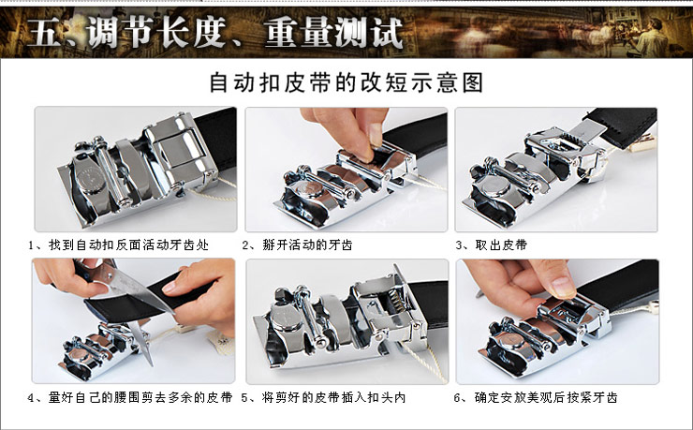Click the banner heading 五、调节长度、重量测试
pos(215,32)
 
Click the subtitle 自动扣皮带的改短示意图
pos(346,82)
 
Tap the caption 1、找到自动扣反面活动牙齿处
pos(118,245)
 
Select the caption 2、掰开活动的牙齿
pos(298,245)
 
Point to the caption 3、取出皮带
pos(492,245)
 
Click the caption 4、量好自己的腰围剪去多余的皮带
pos(130,397)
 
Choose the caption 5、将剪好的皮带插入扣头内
pos(323,397)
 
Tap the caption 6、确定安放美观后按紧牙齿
pos(536,397)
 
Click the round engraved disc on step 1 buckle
pos(90,180)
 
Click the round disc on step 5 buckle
pos(286,321)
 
